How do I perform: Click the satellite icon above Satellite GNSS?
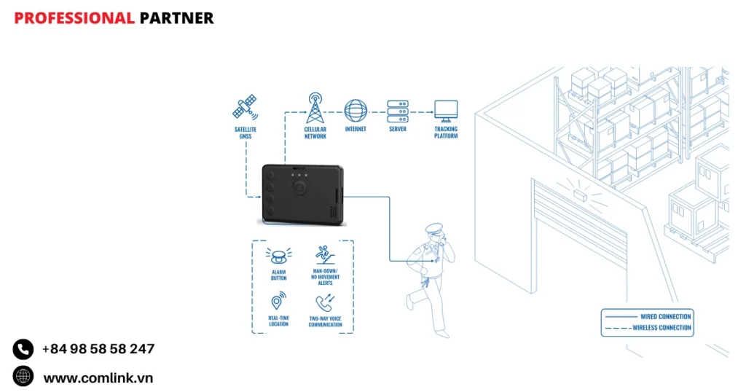coord(245,106)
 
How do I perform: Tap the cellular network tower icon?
coord(315,108)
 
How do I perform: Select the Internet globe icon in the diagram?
coord(356,111)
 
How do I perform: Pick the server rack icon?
coord(397,111)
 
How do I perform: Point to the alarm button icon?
coord(278,256)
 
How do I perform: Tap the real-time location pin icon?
coord(278,302)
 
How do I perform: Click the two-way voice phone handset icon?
coord(324,302)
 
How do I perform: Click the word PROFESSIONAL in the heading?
coord(74,18)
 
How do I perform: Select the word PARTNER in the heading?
coord(176,18)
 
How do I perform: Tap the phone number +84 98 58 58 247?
coord(98,349)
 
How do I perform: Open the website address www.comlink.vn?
coord(98,377)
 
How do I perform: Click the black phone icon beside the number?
coord(23,349)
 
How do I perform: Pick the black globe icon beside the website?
coord(23,376)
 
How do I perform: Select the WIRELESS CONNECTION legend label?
coord(661,328)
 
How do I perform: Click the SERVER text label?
coord(397,130)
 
